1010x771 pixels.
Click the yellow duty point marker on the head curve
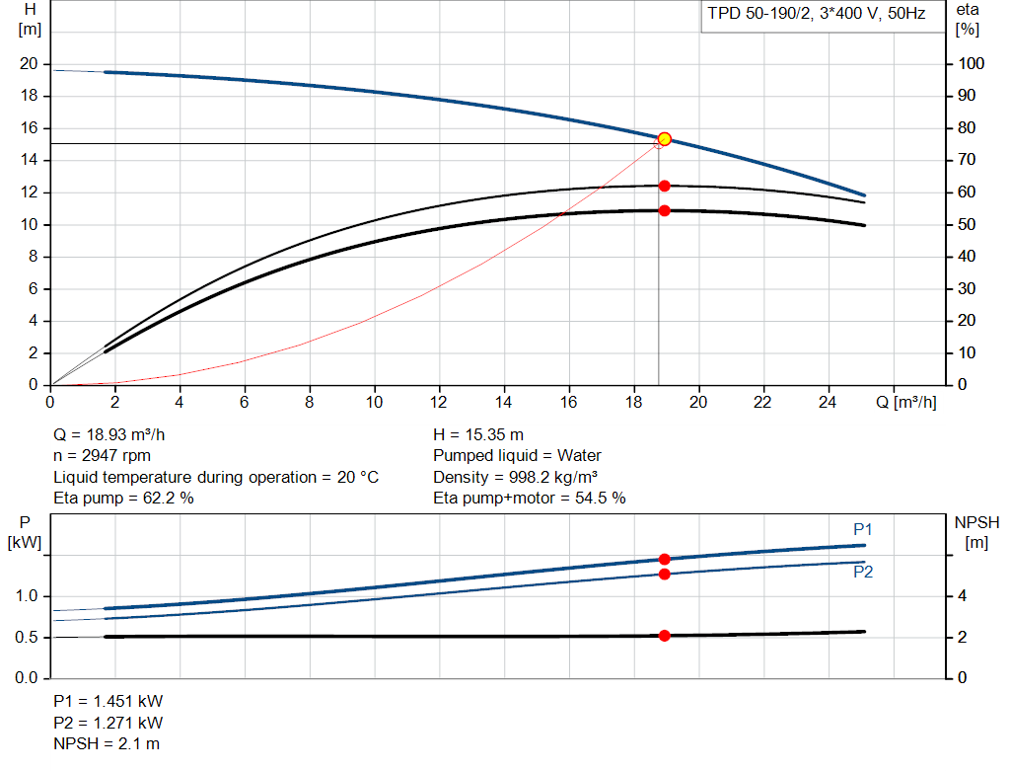tap(664, 139)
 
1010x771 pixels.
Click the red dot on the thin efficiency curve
tap(664, 186)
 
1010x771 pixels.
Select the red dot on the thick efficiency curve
tap(664, 210)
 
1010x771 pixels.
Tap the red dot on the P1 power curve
tap(664, 559)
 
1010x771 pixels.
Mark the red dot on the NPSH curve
tap(664, 636)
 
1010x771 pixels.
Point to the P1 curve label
tap(863, 530)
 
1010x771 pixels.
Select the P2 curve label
tap(863, 572)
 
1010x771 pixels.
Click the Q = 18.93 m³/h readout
tap(116, 434)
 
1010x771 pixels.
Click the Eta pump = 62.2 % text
tap(123, 499)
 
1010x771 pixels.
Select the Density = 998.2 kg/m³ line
tap(515, 477)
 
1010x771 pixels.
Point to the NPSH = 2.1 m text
tap(106, 743)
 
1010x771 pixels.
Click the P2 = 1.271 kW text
tap(108, 723)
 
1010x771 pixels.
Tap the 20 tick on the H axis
tap(28, 64)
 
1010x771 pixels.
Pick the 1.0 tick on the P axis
tap(27, 596)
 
